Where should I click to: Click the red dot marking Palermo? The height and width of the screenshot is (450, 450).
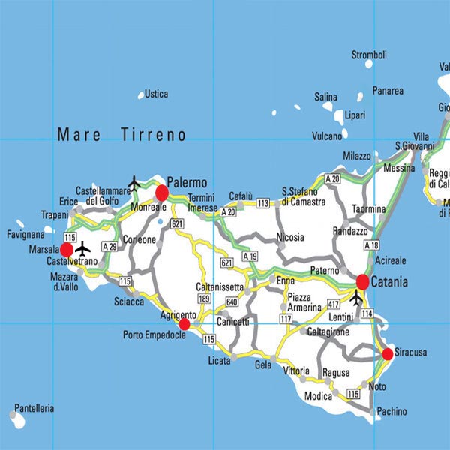[x=161, y=193]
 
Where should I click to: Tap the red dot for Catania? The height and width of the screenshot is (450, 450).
[x=362, y=282]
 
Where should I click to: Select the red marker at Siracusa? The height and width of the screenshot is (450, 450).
[x=387, y=353]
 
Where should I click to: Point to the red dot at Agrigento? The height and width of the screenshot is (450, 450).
[x=184, y=324]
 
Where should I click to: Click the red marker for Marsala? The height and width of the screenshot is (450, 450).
[x=67, y=249]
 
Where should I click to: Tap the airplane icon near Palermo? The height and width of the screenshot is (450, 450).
[x=134, y=182]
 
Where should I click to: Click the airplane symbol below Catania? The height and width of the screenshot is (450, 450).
[x=356, y=299]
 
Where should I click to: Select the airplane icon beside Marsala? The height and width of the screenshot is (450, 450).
[x=82, y=247]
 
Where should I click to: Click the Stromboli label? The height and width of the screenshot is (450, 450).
[x=369, y=55]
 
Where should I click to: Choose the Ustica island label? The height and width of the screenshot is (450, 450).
[x=156, y=94]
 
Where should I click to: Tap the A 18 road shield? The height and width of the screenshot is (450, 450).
[x=370, y=244]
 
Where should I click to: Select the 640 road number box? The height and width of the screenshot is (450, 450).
[x=232, y=302]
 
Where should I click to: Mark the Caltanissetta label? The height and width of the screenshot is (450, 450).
[x=220, y=287]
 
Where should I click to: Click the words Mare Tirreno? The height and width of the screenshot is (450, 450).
[x=121, y=135]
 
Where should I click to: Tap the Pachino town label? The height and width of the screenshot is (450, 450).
[x=391, y=412]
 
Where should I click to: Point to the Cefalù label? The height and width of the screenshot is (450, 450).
[x=241, y=193]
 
